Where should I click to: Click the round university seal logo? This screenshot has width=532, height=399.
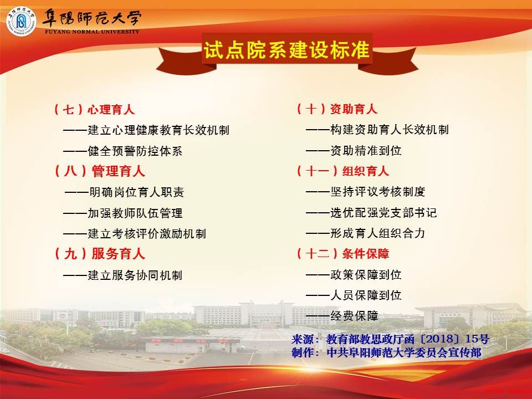pyautogui.click(x=22, y=22)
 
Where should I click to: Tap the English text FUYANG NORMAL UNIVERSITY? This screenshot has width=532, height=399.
pyautogui.click(x=92, y=32)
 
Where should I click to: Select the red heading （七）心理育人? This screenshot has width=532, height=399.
pyautogui.click(x=94, y=110)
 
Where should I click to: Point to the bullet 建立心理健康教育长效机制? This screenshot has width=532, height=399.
pyautogui.click(x=146, y=130)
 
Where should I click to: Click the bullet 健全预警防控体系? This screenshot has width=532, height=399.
pyautogui.click(x=123, y=151)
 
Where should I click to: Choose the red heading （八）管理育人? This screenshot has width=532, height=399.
pyautogui.click(x=99, y=171)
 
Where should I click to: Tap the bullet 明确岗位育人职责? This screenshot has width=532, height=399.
pyautogui.click(x=125, y=192)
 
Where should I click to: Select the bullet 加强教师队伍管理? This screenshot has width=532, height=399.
pyautogui.click(x=123, y=213)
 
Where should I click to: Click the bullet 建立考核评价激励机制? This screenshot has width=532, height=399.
pyautogui.click(x=135, y=234)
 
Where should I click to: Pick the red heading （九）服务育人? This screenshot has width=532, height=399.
pyautogui.click(x=99, y=254)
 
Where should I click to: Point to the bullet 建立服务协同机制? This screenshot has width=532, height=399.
pyautogui.click(x=123, y=275)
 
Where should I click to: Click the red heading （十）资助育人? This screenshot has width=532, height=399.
pyautogui.click(x=336, y=109)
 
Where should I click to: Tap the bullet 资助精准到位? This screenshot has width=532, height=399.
pyautogui.click(x=354, y=150)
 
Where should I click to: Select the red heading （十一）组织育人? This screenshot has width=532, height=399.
pyautogui.click(x=342, y=171)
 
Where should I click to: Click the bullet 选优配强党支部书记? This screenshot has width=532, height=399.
pyautogui.click(x=371, y=212)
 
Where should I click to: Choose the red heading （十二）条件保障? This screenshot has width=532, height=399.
pyautogui.click(x=342, y=253)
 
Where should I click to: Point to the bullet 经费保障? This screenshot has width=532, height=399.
pyautogui.click(x=342, y=316)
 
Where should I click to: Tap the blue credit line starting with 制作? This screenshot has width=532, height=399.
pyautogui.click(x=386, y=352)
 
